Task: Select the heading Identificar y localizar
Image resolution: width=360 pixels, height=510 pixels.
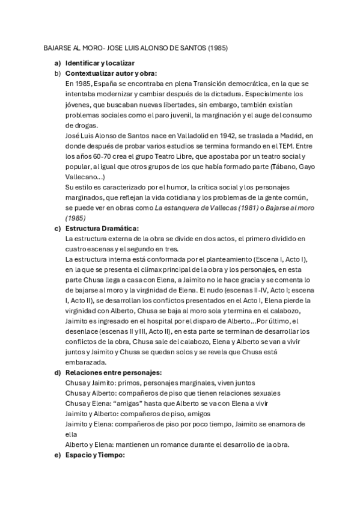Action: [x=100, y=63]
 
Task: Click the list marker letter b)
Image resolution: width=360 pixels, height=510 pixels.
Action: [x=57, y=73]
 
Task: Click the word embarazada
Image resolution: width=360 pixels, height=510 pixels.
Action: [x=88, y=362]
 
